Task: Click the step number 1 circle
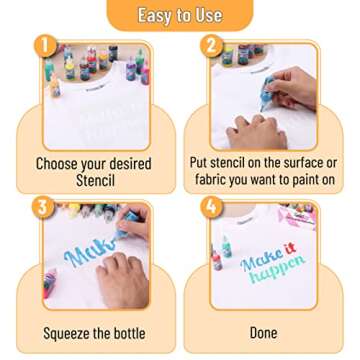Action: click(x=45, y=46)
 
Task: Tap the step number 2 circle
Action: click(x=212, y=46)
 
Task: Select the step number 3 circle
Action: click(x=43, y=207)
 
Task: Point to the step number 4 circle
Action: click(x=212, y=207)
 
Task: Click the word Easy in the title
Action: click(x=154, y=15)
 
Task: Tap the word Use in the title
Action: click(x=210, y=15)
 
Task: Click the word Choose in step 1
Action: click(x=56, y=164)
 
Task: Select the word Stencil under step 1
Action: click(x=95, y=181)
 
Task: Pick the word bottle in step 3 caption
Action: click(x=128, y=333)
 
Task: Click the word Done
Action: click(x=263, y=333)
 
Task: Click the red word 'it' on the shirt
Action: click(x=290, y=250)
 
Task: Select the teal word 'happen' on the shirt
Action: click(x=276, y=269)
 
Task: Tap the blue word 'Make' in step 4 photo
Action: click(x=261, y=261)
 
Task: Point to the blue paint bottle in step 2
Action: click(x=267, y=93)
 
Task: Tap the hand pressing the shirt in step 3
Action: click(x=123, y=279)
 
